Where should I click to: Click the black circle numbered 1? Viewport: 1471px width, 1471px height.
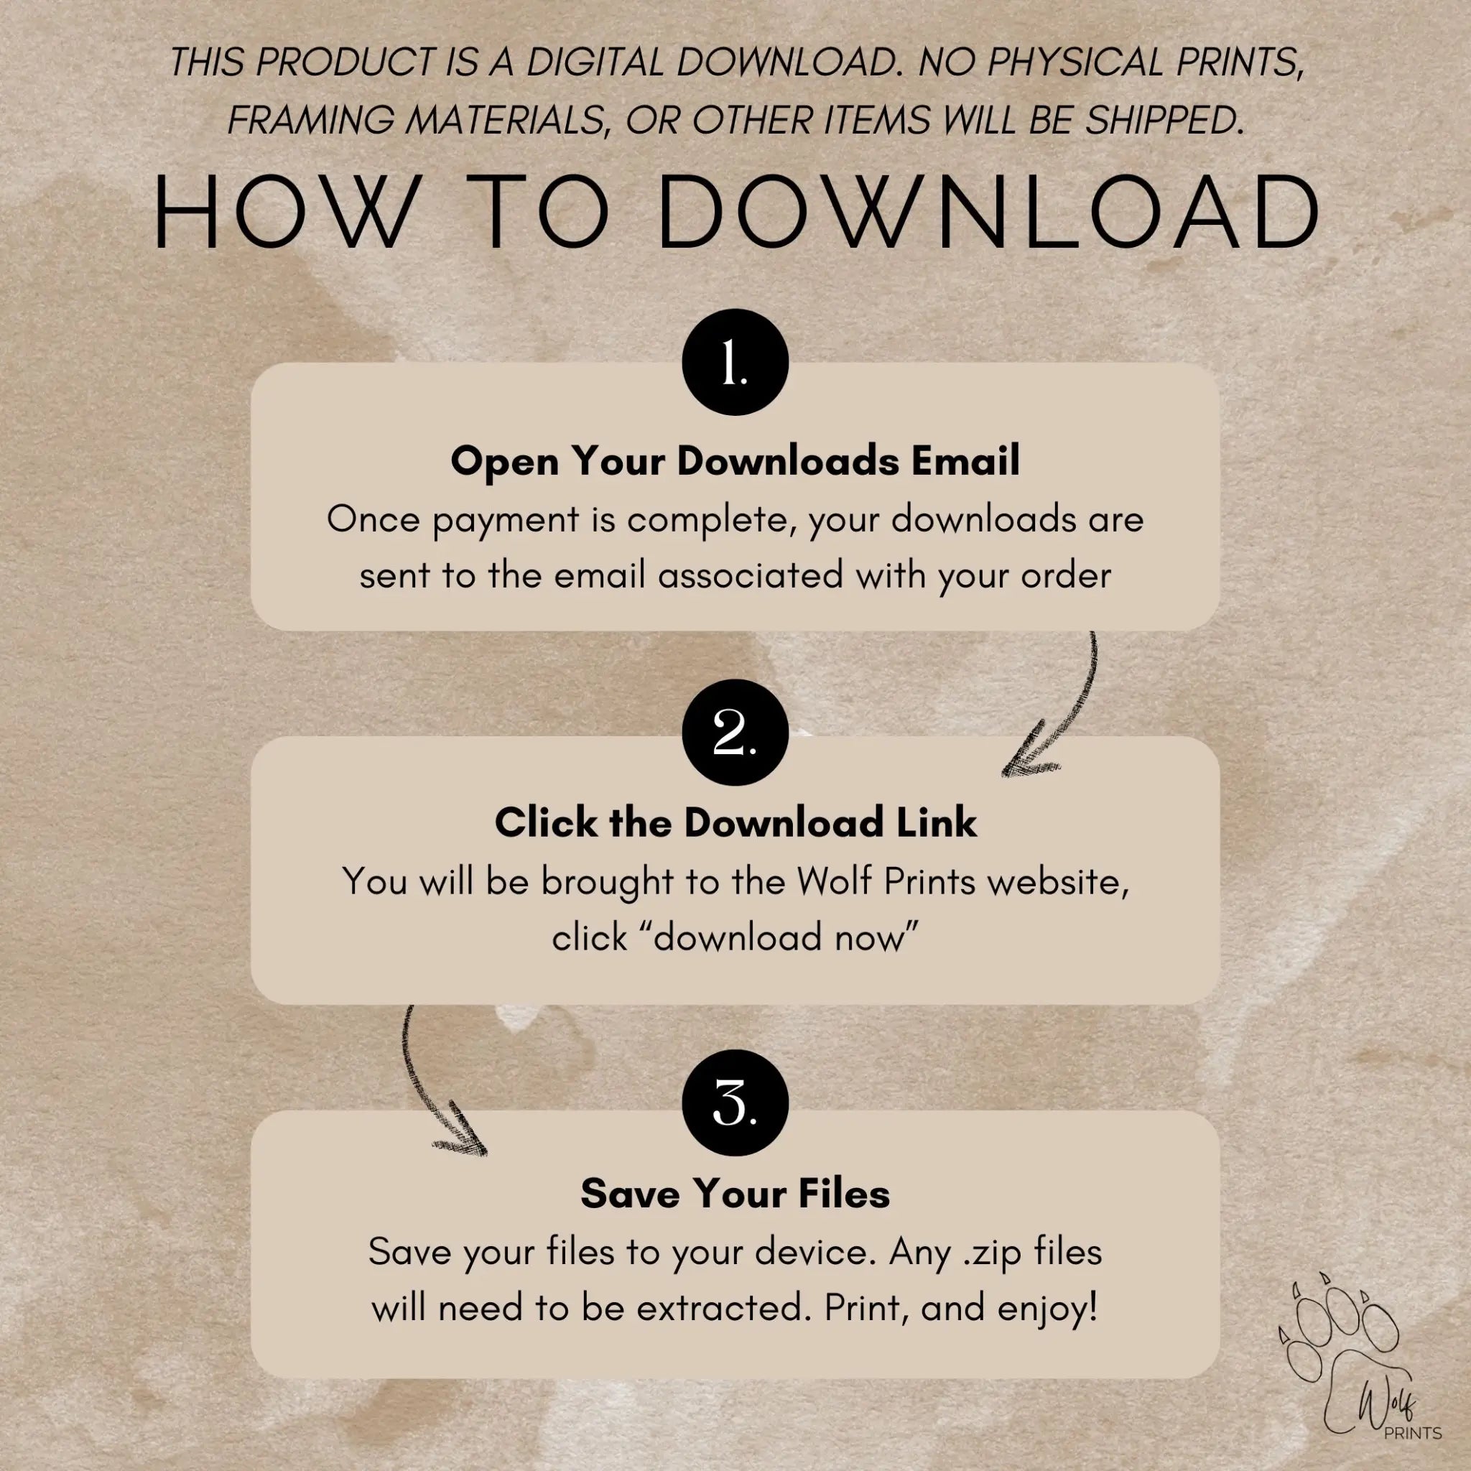(735, 362)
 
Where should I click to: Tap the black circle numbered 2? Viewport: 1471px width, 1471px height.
(735, 733)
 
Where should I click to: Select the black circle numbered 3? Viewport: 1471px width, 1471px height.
(735, 1103)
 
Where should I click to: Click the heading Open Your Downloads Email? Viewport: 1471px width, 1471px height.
(735, 462)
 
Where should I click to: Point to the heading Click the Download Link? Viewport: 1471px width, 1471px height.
(735, 823)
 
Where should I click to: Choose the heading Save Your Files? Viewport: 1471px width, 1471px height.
(735, 1193)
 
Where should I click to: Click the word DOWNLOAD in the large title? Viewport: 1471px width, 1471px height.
(988, 211)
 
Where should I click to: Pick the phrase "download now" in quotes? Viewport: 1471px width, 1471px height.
(735, 937)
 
